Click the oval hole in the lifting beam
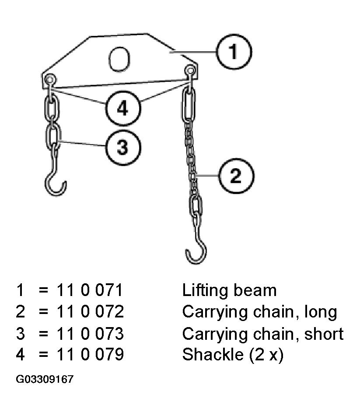(x=119, y=60)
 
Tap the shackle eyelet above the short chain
(x=49, y=79)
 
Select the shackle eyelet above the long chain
(x=190, y=71)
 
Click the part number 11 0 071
(x=90, y=290)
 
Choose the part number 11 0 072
(x=90, y=311)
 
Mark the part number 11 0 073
(x=90, y=334)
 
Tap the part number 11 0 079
(x=90, y=354)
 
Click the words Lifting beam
(x=229, y=290)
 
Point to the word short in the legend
(x=324, y=334)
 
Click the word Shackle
(x=213, y=354)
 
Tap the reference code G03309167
(x=45, y=379)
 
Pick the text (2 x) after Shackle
(x=266, y=355)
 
